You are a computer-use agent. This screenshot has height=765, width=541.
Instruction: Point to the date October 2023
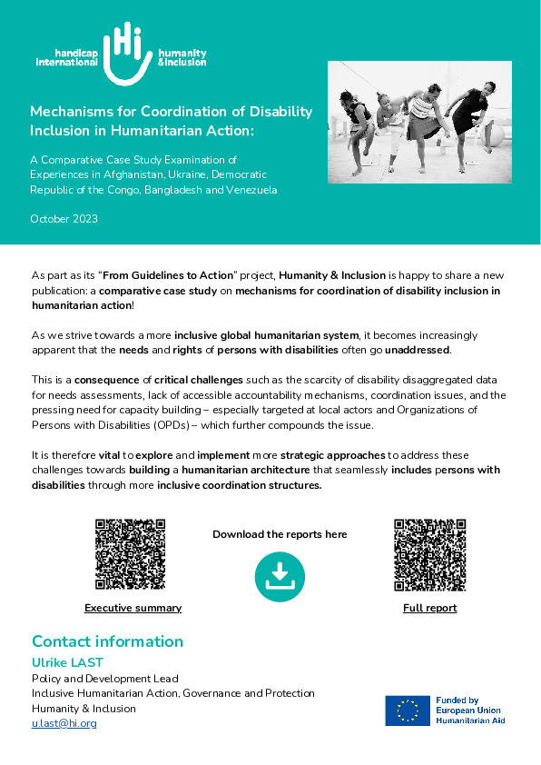click(64, 219)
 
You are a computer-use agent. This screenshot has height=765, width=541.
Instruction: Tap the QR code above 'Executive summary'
click(131, 554)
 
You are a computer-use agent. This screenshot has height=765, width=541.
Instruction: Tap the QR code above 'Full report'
click(429, 554)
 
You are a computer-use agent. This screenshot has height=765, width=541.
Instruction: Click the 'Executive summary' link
click(133, 608)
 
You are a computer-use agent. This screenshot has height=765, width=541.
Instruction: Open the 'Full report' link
click(429, 608)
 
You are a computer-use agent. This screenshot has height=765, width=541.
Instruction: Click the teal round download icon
click(280, 576)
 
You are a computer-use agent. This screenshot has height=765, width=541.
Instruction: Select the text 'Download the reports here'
click(280, 534)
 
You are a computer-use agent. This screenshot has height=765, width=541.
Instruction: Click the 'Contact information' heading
click(107, 641)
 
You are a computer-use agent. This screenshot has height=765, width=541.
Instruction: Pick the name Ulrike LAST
click(69, 662)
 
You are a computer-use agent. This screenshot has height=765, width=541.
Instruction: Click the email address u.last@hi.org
click(64, 723)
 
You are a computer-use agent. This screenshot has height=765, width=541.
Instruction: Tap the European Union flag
click(408, 710)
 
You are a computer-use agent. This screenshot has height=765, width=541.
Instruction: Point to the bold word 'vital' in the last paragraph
click(107, 454)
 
